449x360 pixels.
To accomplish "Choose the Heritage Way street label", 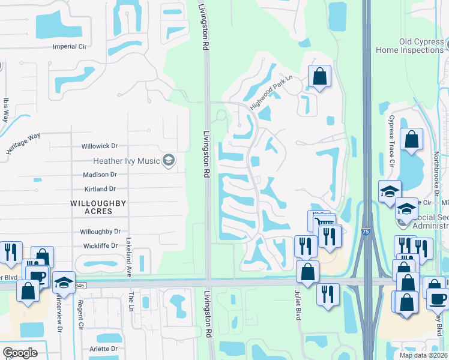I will click(x=23, y=144).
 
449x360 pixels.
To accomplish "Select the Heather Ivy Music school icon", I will click(x=169, y=160).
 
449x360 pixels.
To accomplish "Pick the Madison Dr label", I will click(x=100, y=175).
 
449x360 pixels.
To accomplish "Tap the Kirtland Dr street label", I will click(x=100, y=189).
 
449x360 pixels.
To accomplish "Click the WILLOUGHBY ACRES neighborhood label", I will click(x=98, y=208).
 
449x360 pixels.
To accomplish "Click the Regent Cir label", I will click(x=80, y=315).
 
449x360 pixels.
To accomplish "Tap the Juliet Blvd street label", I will click(x=298, y=306).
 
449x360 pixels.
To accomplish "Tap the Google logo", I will click(x=20, y=353).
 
